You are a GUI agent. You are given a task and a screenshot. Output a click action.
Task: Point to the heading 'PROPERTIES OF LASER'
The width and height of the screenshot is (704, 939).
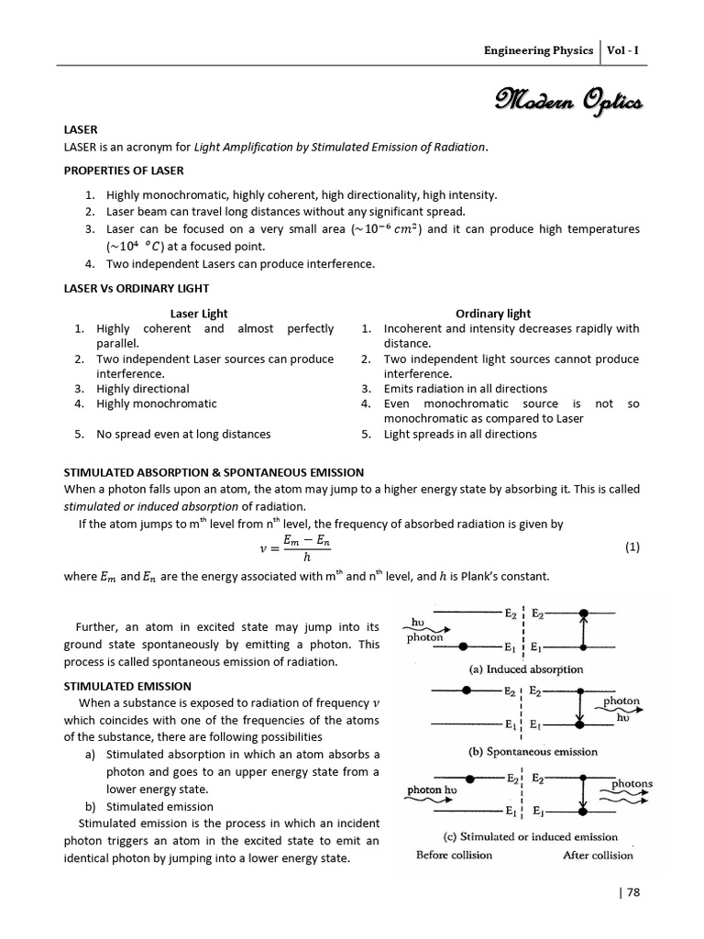click(x=123, y=171)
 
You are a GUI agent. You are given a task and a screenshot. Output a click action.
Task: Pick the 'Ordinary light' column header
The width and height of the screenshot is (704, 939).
click(x=493, y=314)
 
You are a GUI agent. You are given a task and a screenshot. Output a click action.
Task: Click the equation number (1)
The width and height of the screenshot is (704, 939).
click(x=632, y=547)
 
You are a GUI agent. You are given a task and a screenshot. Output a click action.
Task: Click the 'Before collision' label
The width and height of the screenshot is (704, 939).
click(x=454, y=856)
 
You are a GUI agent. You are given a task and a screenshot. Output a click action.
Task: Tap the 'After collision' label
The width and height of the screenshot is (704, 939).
click(x=598, y=856)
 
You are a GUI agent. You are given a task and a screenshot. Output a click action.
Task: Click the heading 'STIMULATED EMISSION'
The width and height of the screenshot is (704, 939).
click(x=127, y=685)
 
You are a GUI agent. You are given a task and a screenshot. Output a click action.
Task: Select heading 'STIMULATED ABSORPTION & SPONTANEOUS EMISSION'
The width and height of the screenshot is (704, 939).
click(x=214, y=472)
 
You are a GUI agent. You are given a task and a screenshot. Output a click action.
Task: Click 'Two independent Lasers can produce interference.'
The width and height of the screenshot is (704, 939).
click(x=227, y=264)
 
